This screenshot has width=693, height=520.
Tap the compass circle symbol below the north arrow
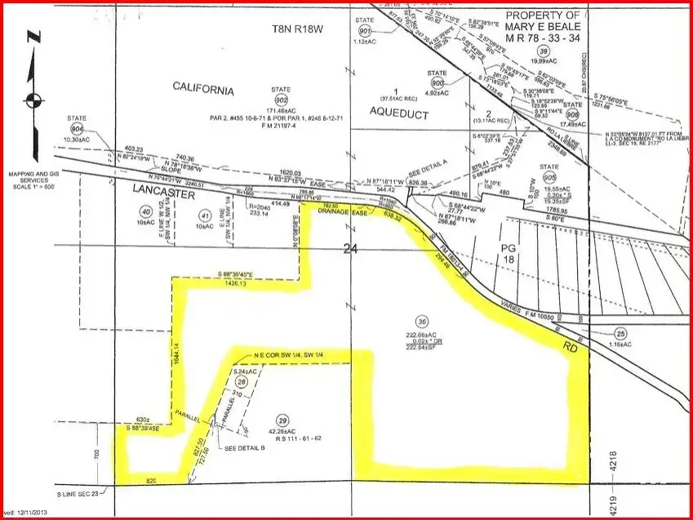coord(32,100)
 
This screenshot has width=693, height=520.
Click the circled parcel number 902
coord(284,94)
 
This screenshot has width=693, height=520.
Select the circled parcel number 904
coord(78,129)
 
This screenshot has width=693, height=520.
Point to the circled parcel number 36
coord(422,320)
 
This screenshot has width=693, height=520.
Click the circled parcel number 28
coord(241,382)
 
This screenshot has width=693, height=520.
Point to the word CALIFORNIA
coord(203,90)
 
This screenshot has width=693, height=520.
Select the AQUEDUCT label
coord(399,114)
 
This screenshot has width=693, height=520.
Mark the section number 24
coord(351,252)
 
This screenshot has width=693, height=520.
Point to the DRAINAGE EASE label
coord(348,214)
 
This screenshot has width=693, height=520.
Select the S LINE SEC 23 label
coord(78,494)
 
